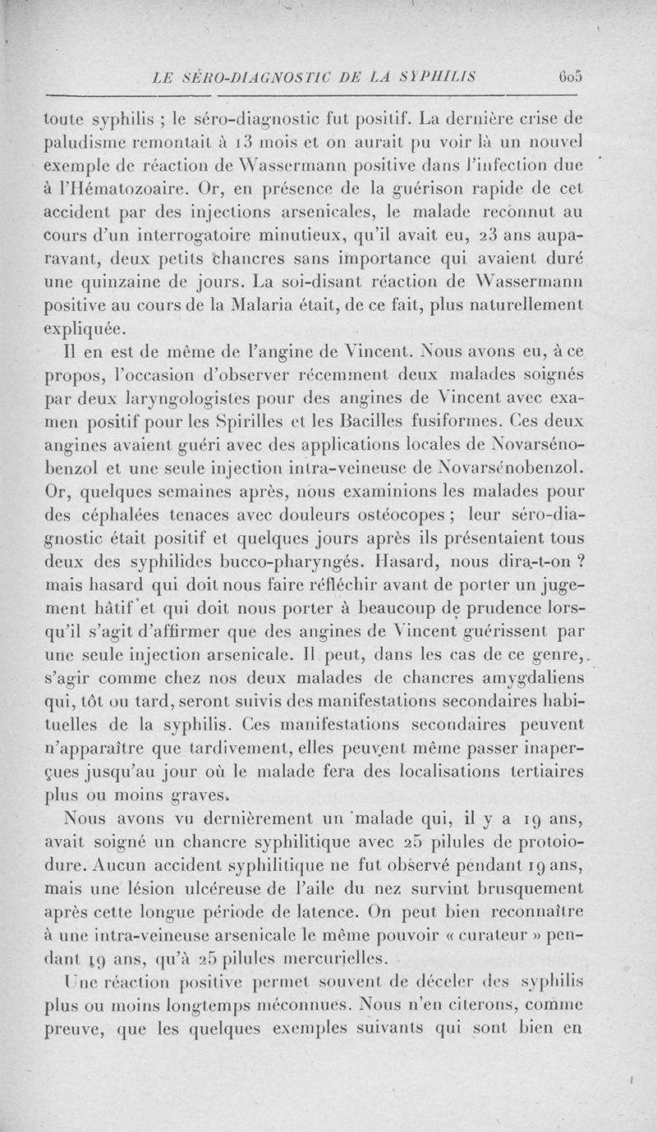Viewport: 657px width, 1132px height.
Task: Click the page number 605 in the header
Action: pos(567,76)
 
